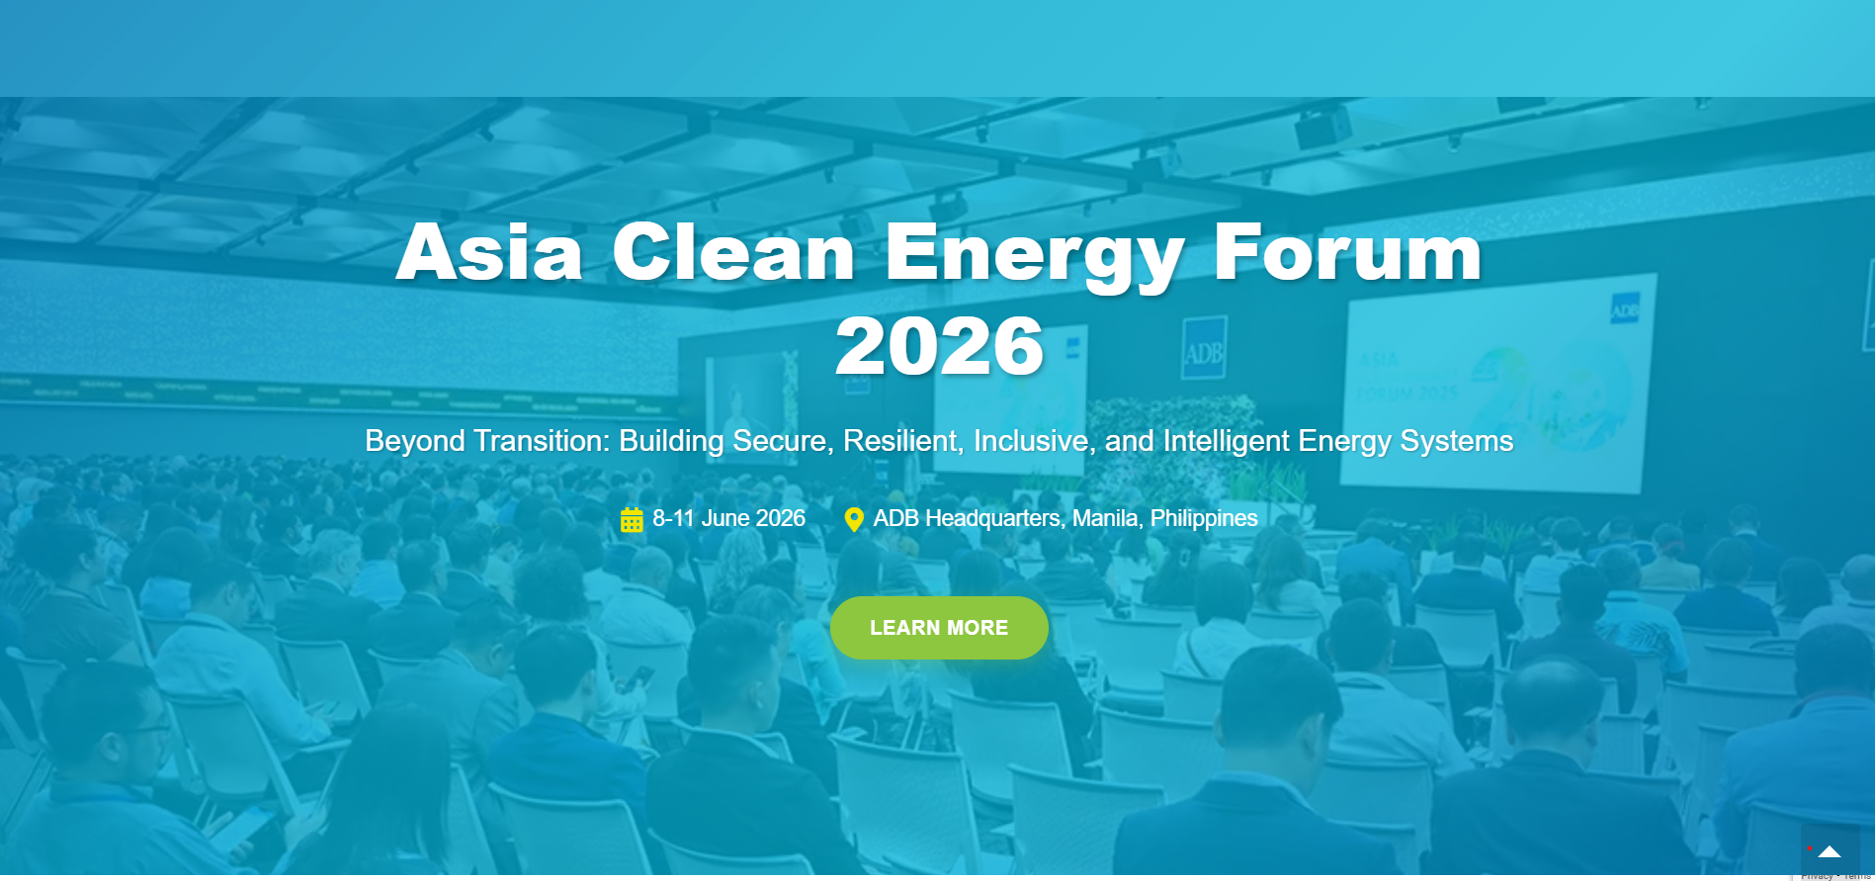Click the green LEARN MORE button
click(938, 628)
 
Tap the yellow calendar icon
click(632, 519)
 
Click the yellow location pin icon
click(854, 519)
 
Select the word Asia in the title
click(489, 253)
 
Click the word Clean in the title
click(732, 253)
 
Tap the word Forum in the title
click(1347, 253)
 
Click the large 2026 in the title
click(939, 346)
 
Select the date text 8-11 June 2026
click(728, 518)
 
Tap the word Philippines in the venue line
click(1204, 518)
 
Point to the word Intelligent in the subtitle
click(1227, 441)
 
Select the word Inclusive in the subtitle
click(1034, 441)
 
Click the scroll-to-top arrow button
click(1830, 850)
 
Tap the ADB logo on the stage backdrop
click(1204, 349)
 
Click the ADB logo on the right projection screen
click(1624, 309)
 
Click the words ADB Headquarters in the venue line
click(966, 518)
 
